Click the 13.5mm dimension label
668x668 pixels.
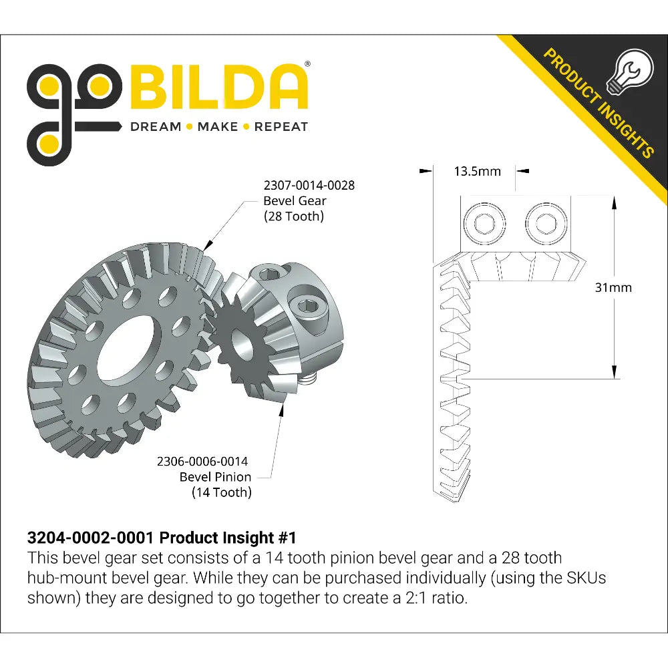tap(477, 171)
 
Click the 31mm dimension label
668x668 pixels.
tap(613, 288)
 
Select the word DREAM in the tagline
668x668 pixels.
tap(155, 127)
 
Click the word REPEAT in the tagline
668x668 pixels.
tap(281, 127)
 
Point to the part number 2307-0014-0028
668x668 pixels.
tap(309, 185)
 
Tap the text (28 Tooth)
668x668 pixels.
tap(293, 216)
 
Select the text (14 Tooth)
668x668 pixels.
tap(222, 493)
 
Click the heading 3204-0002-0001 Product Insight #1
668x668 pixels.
tap(161, 538)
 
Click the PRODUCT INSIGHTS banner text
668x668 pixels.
tap(597, 102)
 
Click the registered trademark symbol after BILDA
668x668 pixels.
tap(307, 64)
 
